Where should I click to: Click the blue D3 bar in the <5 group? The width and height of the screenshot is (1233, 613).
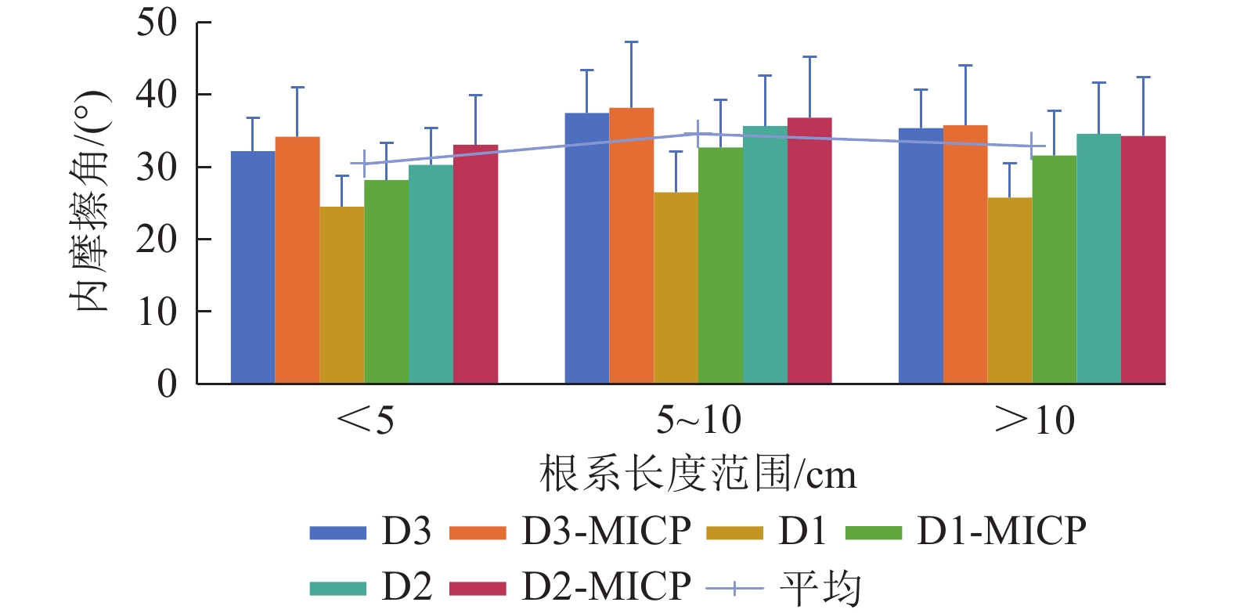click(253, 267)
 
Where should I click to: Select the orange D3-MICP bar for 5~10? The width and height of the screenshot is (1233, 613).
click(631, 246)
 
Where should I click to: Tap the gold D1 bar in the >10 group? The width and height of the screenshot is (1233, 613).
click(1009, 290)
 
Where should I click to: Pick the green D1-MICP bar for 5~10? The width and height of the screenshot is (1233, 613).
click(720, 265)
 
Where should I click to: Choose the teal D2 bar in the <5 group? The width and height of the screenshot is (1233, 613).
click(431, 274)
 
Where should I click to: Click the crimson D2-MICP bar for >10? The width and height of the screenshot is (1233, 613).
click(1143, 260)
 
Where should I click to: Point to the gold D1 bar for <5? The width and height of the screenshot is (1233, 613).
click(342, 295)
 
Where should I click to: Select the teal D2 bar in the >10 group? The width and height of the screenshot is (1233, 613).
click(1098, 258)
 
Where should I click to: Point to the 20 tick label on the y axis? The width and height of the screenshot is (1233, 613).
click(157, 239)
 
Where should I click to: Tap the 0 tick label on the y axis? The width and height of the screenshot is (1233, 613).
click(167, 384)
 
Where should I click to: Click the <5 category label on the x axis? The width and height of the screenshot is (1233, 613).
click(365, 420)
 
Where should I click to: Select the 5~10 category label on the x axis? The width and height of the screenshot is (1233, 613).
click(698, 420)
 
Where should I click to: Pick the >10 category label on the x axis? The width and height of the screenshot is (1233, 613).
click(1034, 420)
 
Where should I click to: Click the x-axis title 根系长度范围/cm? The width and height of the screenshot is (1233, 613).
click(698, 474)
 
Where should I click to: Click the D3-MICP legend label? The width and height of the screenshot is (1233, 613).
click(606, 532)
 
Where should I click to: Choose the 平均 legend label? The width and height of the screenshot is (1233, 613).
click(820, 588)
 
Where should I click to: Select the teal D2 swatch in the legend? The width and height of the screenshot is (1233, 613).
click(337, 588)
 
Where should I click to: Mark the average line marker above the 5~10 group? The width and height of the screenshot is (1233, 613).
click(698, 134)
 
